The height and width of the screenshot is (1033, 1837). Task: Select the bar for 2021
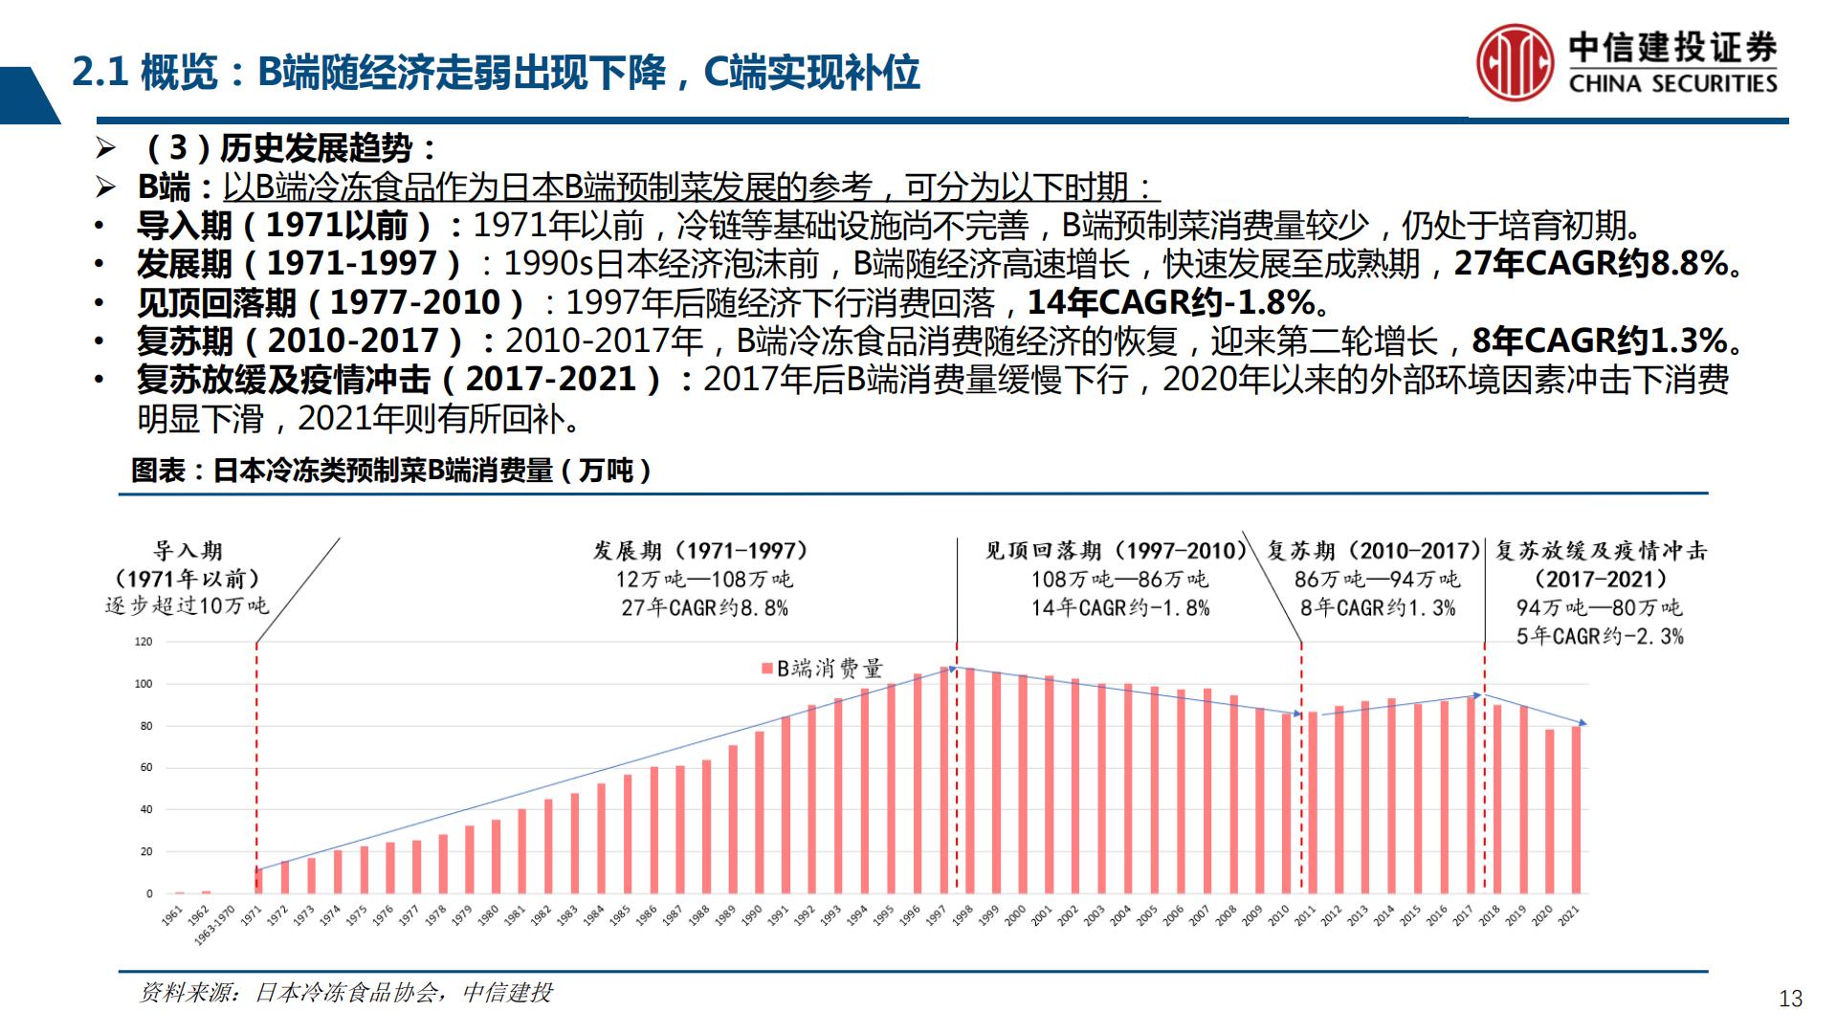tap(1576, 810)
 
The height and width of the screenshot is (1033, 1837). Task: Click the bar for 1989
tap(733, 820)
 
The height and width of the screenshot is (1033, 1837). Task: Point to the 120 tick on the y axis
tap(144, 642)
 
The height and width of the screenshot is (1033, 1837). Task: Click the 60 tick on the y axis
tap(146, 768)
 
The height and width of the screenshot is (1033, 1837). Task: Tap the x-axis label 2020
tap(1542, 916)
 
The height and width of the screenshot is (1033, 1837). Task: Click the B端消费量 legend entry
tap(823, 669)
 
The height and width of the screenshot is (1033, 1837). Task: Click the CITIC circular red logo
tap(1514, 62)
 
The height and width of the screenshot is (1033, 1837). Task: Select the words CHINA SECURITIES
tap(1672, 84)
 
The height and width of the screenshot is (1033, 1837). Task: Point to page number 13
tap(1790, 999)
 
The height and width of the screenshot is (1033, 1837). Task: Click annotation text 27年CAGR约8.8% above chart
tap(704, 607)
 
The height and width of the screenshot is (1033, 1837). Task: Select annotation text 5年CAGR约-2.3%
tap(1600, 636)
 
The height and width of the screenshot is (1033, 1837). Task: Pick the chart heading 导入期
tap(188, 551)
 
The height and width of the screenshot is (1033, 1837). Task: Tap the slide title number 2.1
tap(100, 73)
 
